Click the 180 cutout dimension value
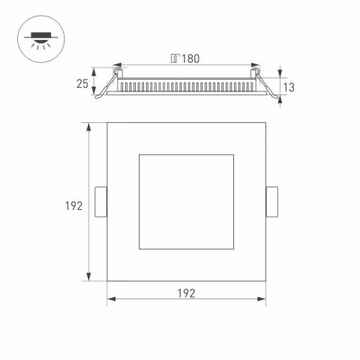tap(192, 58)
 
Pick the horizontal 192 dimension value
tap(187, 292)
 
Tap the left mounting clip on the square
tap(102, 202)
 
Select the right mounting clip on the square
tap(272, 202)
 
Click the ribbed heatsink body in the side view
tap(187, 85)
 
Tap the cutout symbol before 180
tap(175, 58)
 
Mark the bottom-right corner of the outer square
tap(267, 282)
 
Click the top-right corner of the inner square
tap(236, 155)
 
